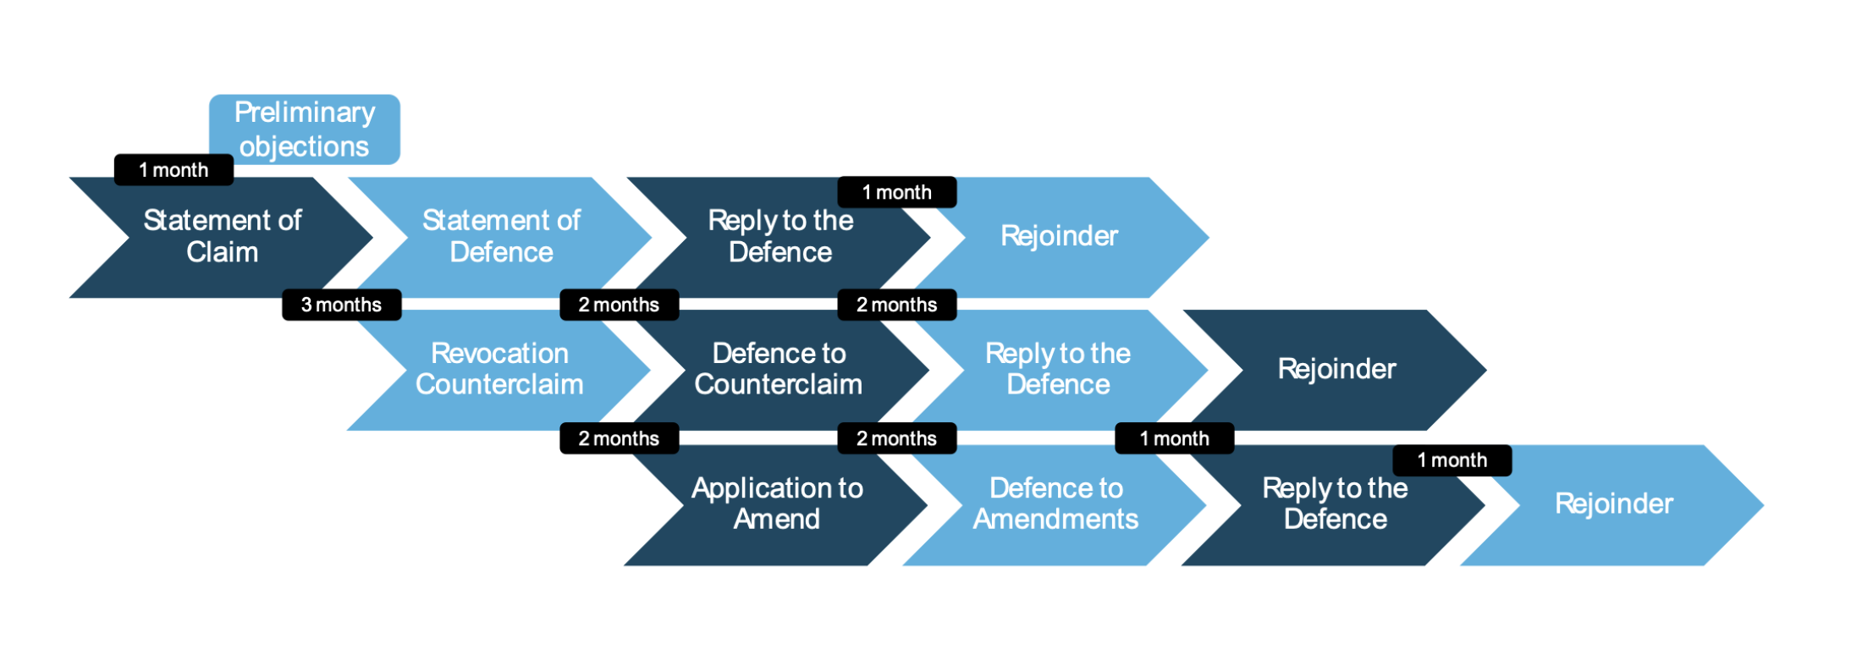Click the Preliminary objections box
tap(305, 129)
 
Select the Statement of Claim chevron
tap(222, 237)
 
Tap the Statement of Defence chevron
tap(501, 237)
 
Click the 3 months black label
tap(341, 305)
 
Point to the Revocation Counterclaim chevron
tap(499, 369)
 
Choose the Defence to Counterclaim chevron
tap(779, 369)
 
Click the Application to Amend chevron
tap(777, 504)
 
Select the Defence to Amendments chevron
tap(1055, 504)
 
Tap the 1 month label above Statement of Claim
tap(174, 170)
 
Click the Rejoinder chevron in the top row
tap(1060, 237)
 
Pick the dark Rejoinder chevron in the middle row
tap(1337, 369)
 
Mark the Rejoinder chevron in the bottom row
tap(1614, 504)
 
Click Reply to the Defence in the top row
tap(780, 237)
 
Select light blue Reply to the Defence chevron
tap(1058, 369)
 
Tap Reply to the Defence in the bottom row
tap(1335, 504)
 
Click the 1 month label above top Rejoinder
tap(897, 192)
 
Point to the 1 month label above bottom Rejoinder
tap(1452, 460)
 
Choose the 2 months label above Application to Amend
tap(619, 438)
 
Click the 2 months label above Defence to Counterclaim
tap(619, 305)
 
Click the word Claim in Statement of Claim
tap(222, 252)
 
